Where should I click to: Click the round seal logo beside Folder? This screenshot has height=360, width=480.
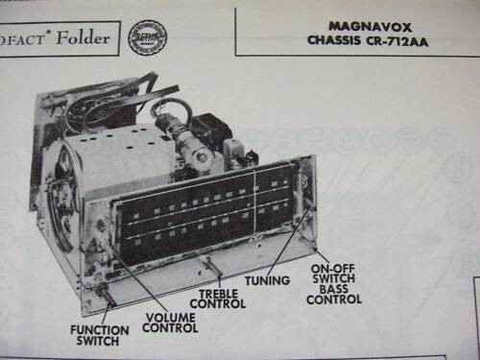click(x=147, y=37)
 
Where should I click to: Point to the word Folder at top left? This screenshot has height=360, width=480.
click(x=82, y=39)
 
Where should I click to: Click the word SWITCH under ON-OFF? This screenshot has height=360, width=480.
click(x=334, y=278)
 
